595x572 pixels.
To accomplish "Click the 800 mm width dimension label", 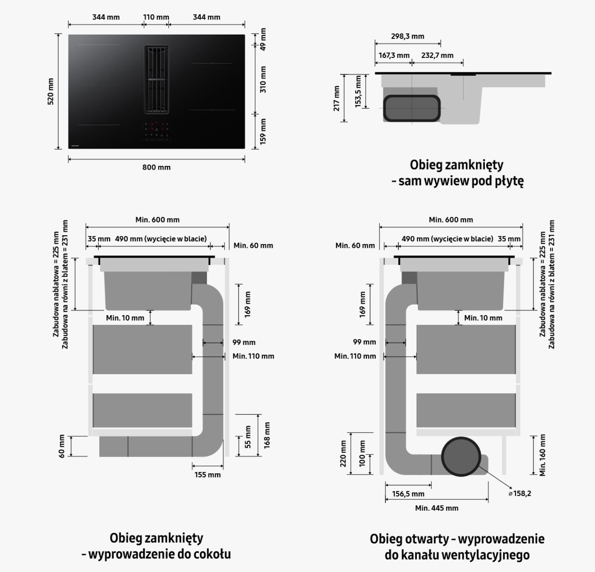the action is (x=156, y=167).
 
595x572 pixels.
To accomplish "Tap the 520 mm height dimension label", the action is (x=51, y=91).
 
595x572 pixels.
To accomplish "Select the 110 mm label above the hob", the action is (x=156, y=17).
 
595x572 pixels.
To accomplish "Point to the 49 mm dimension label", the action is (x=263, y=39).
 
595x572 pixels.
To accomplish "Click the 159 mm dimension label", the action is (x=263, y=131).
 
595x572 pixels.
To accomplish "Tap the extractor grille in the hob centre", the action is (x=156, y=80).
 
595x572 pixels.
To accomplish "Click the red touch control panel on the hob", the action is (x=156, y=131).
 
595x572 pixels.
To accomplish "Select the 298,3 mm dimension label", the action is (x=408, y=37).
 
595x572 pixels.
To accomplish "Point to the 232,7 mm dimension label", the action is (x=437, y=55).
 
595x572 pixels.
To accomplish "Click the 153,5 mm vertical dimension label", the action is (x=358, y=91).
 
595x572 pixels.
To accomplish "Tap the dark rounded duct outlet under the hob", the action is (x=412, y=108).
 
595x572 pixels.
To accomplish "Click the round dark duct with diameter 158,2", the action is (x=461, y=457).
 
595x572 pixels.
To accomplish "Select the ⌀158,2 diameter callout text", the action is (x=520, y=493).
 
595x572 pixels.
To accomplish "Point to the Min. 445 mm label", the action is (x=436, y=508).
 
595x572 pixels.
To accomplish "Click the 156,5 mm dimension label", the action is (x=408, y=494).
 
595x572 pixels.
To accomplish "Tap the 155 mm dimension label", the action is (x=207, y=475).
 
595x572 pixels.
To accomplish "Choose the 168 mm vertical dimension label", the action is (x=267, y=435).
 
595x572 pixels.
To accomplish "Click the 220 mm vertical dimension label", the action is (x=343, y=454).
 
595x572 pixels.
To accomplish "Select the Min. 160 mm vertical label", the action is (x=542, y=455).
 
